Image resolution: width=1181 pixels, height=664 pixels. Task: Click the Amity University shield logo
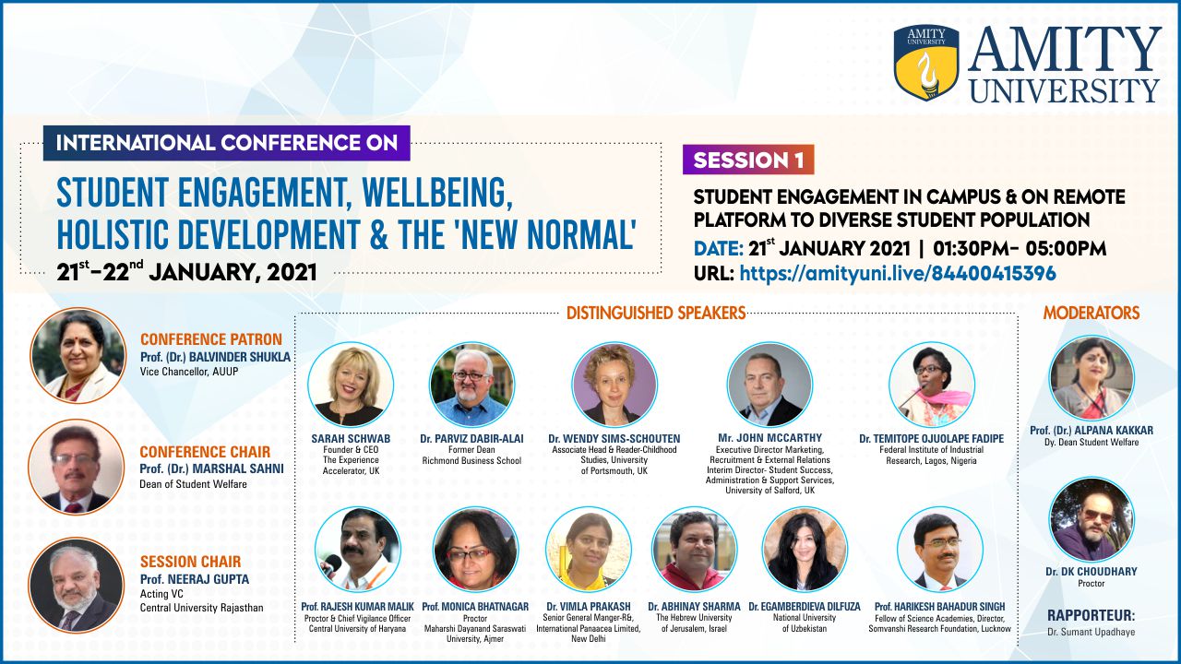[926, 62]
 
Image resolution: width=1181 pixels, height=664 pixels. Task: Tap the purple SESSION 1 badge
[748, 160]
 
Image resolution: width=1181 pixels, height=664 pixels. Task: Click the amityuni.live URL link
[898, 273]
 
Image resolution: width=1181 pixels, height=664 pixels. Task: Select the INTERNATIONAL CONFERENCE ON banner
[227, 143]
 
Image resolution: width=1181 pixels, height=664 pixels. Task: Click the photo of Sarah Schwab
[351, 385]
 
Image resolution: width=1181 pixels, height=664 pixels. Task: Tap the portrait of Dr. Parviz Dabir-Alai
[471, 385]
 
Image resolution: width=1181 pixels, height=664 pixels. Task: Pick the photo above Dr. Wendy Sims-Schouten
[614, 385]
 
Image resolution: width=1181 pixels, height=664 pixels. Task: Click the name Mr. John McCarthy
[769, 438]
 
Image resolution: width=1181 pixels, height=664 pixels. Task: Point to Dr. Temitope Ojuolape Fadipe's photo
[932, 385]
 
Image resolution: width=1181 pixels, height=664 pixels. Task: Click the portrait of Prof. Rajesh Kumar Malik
[357, 550]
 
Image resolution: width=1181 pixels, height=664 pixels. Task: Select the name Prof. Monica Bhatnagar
[475, 607]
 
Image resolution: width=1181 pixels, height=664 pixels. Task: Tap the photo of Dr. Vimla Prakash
[589, 550]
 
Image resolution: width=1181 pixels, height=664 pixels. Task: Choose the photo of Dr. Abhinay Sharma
[695, 550]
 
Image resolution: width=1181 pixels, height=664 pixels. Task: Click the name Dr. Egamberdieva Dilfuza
[805, 607]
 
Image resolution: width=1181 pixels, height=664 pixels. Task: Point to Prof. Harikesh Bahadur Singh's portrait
[940, 550]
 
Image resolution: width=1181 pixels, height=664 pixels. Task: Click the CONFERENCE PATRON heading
[211, 339]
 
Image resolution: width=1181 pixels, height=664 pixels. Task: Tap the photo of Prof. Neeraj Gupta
[76, 585]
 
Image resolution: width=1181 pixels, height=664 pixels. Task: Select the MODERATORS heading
[1092, 313]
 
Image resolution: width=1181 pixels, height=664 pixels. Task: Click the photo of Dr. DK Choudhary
[1092, 519]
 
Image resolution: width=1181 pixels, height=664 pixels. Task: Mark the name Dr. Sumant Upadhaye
[1092, 632]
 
